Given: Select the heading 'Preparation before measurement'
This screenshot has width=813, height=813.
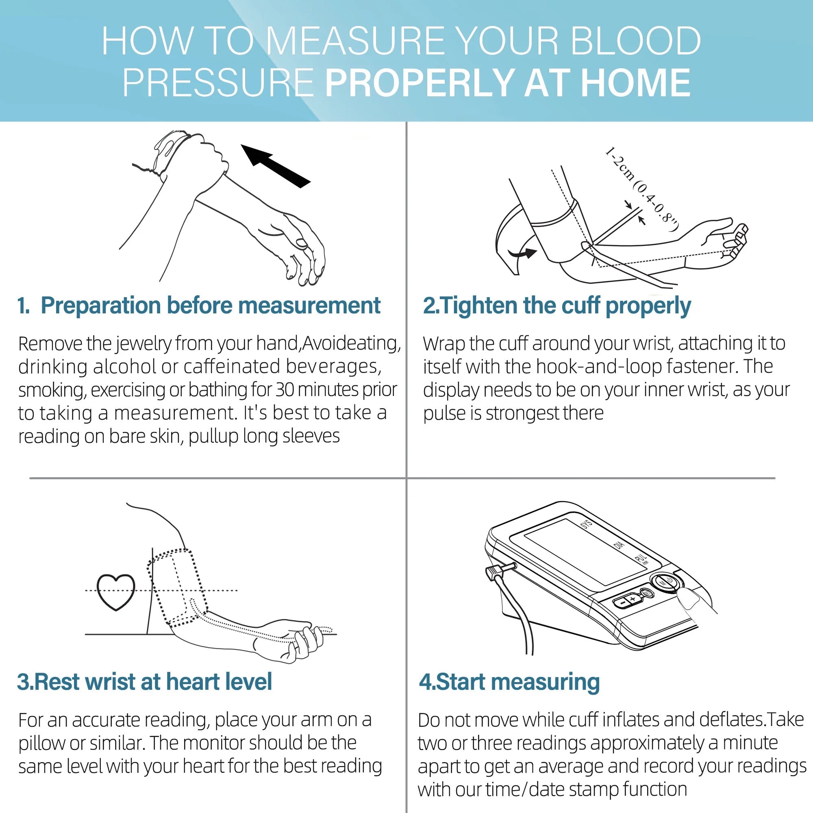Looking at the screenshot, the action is click(x=211, y=306).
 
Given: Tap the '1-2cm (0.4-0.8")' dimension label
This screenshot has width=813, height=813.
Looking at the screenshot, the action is click(x=641, y=189).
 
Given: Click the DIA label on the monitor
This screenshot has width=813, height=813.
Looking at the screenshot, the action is click(x=619, y=545).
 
